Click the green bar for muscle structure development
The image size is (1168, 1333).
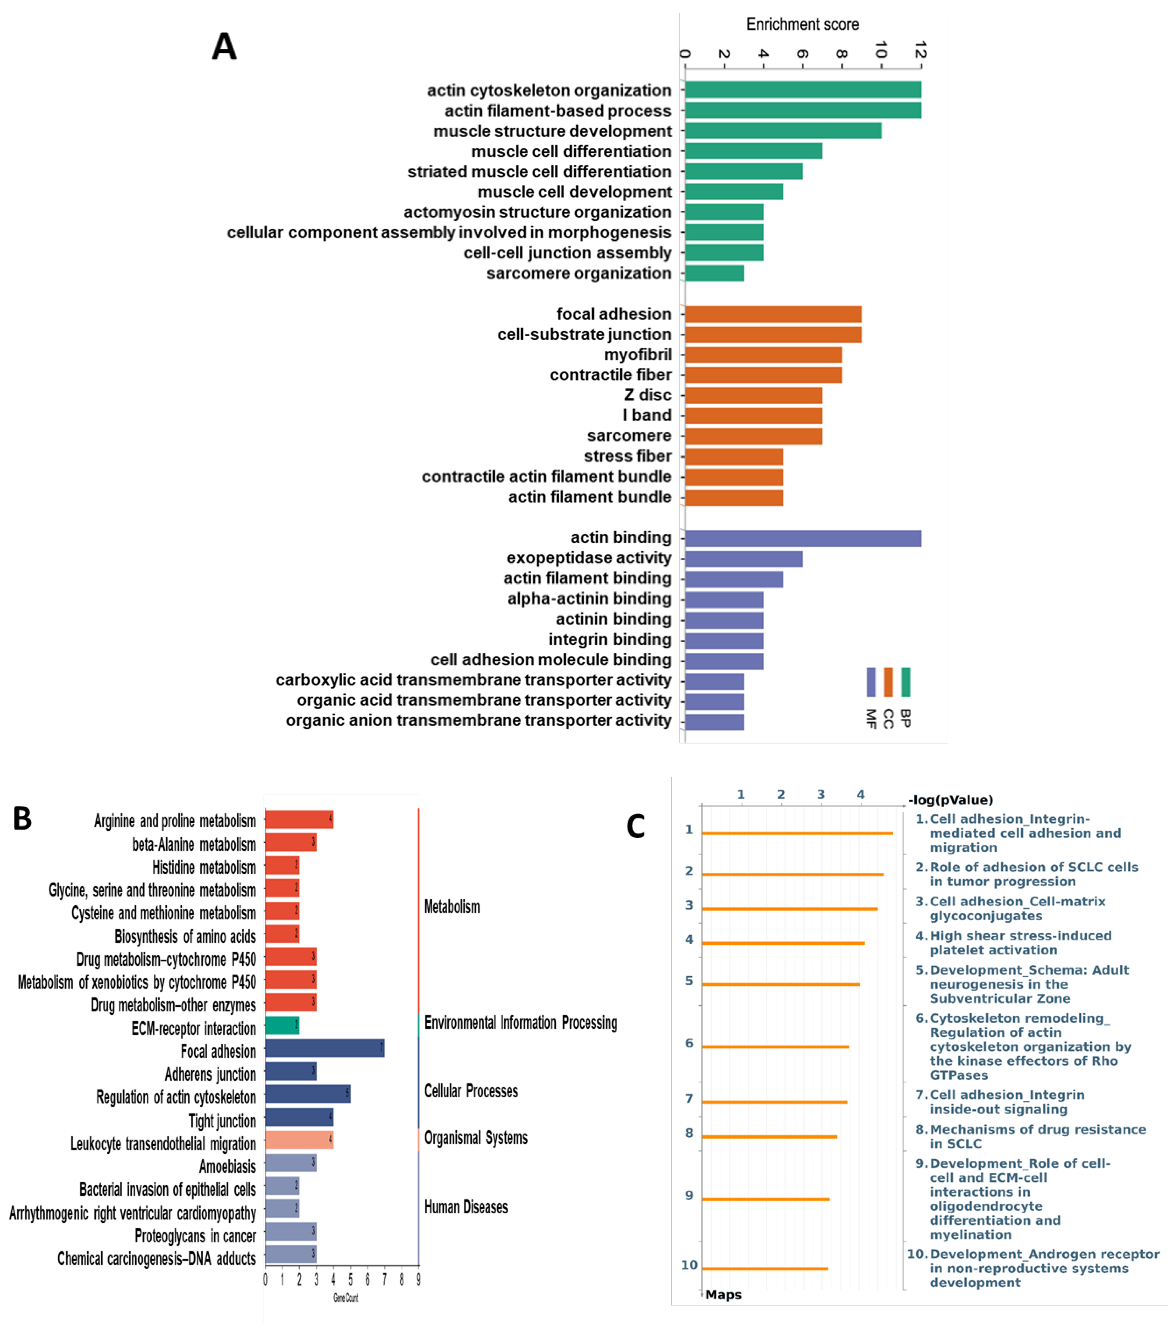782,130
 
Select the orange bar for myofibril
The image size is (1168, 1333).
763,355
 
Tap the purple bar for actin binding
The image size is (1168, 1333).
802,538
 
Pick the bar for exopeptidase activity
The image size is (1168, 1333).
743,559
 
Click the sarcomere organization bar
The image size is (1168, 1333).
714,273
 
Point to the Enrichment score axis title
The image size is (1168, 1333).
802,25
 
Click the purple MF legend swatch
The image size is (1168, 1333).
871,682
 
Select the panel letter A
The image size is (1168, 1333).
224,47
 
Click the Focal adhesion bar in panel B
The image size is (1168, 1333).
324,1048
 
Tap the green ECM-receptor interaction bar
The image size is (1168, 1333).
281,1025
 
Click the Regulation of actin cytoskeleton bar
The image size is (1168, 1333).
307,1094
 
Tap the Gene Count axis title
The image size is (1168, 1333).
346,1298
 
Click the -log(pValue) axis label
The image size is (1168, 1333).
950,800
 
